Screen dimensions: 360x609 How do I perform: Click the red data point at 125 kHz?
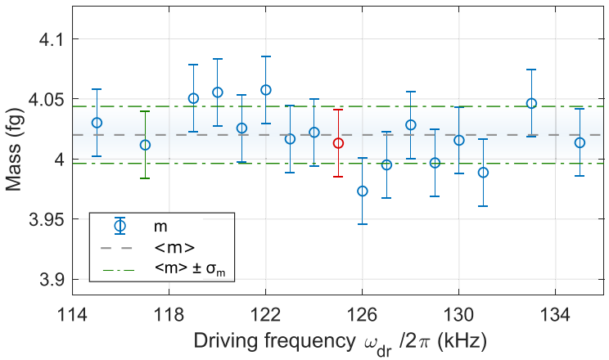pos(338,143)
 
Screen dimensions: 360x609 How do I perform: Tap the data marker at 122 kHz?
pos(265,90)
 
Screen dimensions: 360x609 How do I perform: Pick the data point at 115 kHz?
pos(97,123)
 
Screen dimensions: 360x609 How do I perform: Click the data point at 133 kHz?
pos(531,104)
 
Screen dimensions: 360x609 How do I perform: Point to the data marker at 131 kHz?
pos(483,173)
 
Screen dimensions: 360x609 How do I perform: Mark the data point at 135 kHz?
pos(580,142)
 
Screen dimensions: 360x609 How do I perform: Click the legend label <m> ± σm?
pos(188,268)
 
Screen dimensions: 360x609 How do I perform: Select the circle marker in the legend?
pos(120,225)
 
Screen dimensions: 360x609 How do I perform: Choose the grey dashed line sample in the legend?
pos(120,246)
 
